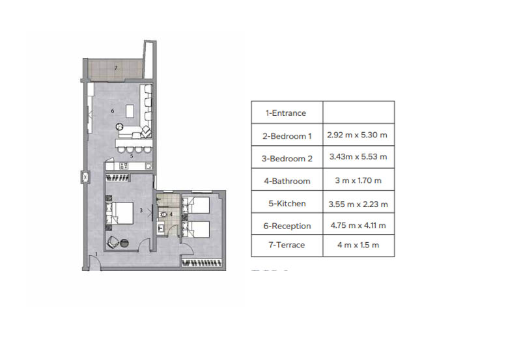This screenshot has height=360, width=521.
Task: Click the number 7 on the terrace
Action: point(116,68)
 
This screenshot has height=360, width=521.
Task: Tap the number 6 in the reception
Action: point(113,111)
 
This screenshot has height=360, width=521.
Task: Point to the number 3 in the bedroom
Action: point(141,210)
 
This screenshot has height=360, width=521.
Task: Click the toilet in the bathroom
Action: point(163,214)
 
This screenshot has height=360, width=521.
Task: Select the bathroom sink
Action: point(161,228)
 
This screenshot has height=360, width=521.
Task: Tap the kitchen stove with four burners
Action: point(124,166)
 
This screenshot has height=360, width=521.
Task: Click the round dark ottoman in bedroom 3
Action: point(124,243)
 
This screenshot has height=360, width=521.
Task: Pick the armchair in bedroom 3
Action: point(113,242)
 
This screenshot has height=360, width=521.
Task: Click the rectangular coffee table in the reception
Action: point(130,111)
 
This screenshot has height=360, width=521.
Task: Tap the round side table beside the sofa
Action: point(120,126)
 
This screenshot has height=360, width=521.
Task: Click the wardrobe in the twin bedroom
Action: point(202,263)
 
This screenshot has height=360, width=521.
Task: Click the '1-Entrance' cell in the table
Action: point(286,113)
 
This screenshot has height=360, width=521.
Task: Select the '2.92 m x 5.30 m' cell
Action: point(357,135)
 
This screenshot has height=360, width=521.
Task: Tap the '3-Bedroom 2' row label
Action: point(287,158)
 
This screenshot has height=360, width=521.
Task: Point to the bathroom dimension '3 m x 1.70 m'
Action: point(358,180)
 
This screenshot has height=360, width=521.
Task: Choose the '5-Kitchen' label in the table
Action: point(287,203)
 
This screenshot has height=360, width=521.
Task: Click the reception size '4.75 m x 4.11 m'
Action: point(358,225)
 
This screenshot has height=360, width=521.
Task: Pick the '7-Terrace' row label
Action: point(287,245)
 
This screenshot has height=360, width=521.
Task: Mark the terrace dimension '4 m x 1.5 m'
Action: point(358,245)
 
